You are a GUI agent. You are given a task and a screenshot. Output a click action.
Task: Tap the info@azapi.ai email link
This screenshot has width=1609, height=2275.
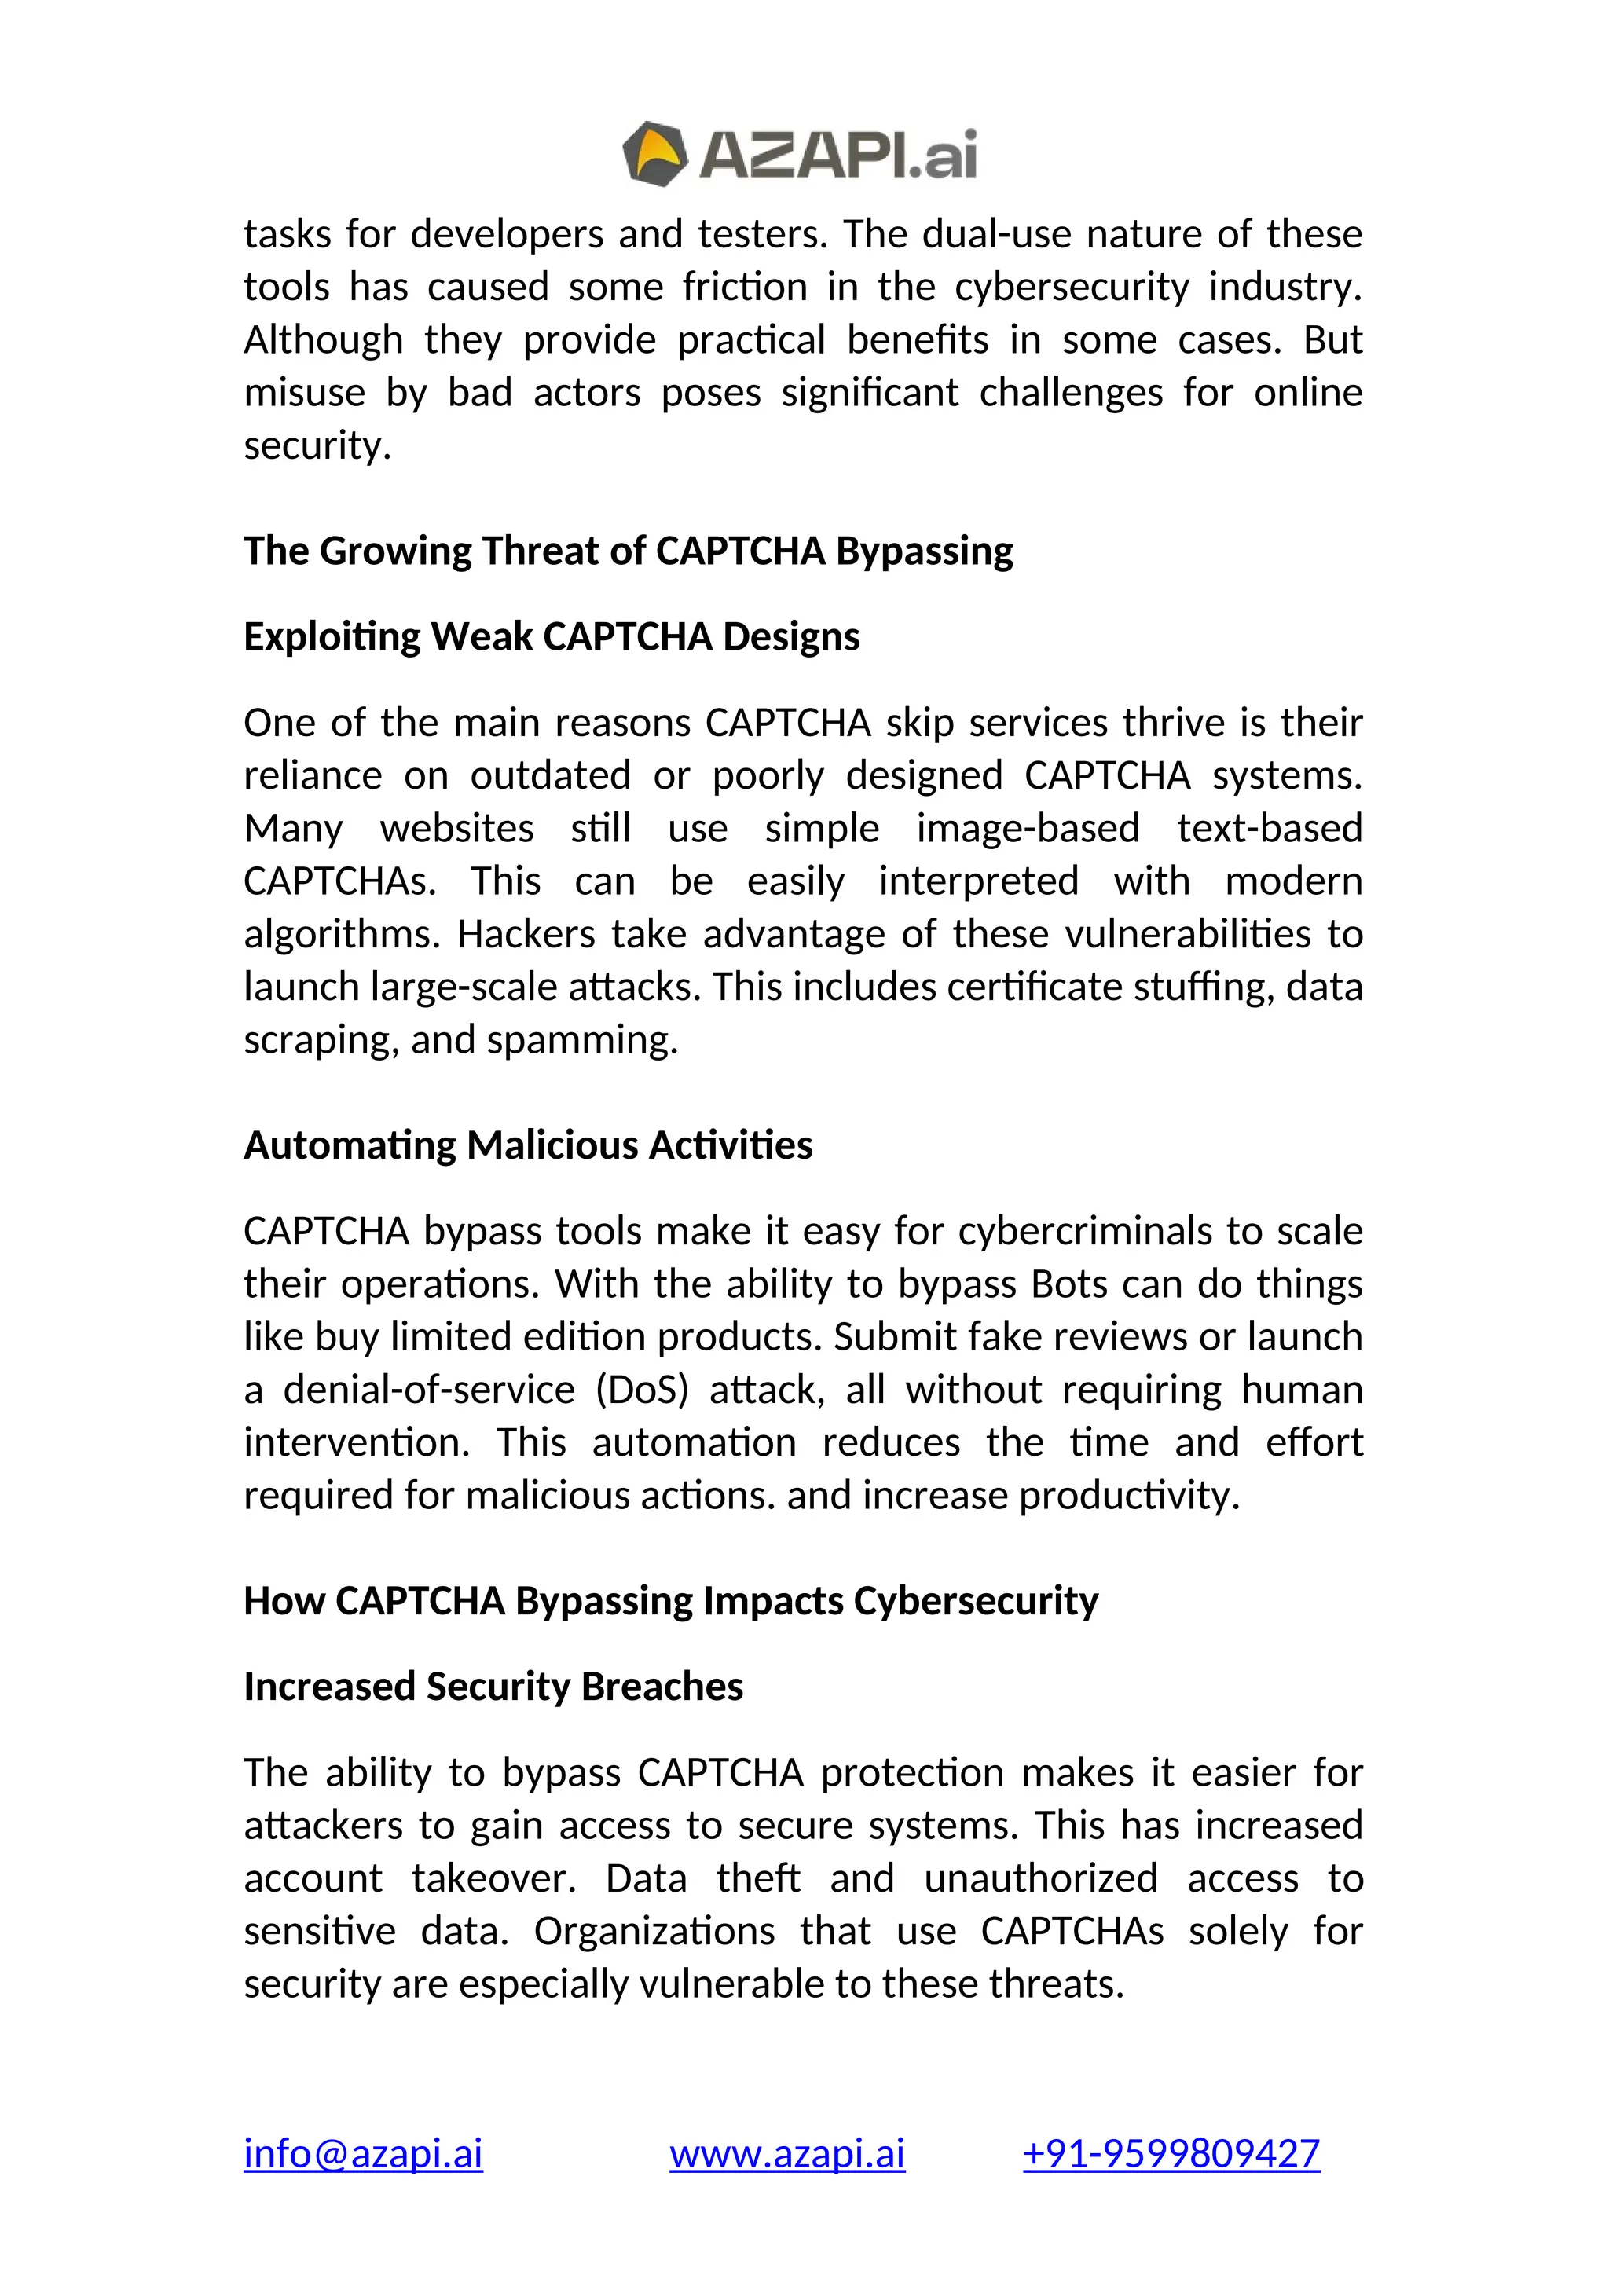(363, 2153)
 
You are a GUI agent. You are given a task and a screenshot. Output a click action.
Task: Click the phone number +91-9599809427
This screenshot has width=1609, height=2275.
(1171, 2153)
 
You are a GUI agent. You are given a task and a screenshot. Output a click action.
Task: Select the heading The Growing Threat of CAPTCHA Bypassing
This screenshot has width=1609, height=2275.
(629, 551)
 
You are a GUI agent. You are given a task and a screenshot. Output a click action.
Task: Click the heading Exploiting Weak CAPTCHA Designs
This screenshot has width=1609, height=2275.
(551, 636)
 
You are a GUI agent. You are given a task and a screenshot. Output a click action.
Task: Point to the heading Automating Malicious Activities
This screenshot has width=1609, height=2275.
(527, 1145)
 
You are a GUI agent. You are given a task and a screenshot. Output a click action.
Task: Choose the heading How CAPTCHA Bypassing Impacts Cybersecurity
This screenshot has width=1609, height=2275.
(671, 1600)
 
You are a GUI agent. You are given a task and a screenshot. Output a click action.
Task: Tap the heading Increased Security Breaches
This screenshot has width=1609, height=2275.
(493, 1686)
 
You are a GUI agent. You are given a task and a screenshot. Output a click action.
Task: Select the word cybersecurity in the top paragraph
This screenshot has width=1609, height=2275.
(1071, 288)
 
